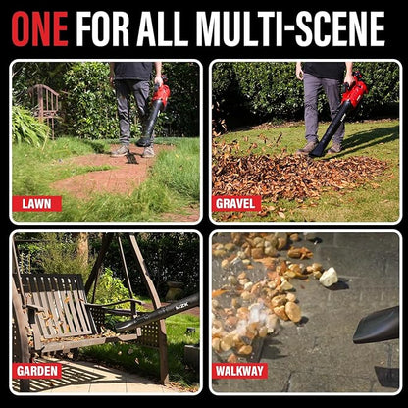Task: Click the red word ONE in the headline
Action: coord(39,28)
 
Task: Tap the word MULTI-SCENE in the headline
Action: coord(291,28)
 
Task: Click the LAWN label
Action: coord(36,204)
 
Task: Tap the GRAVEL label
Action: coord(236,204)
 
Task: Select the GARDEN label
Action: coord(37,371)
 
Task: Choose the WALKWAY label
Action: coord(239,371)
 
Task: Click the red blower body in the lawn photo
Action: coord(162,94)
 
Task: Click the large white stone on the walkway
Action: coord(329,278)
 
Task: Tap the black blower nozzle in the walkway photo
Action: coord(377,326)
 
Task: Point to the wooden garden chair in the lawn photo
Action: coord(46,105)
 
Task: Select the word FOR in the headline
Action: coord(102,28)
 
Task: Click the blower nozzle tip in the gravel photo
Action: coord(317,152)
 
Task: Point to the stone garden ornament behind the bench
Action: coord(175,291)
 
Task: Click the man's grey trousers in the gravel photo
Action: coord(323,108)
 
